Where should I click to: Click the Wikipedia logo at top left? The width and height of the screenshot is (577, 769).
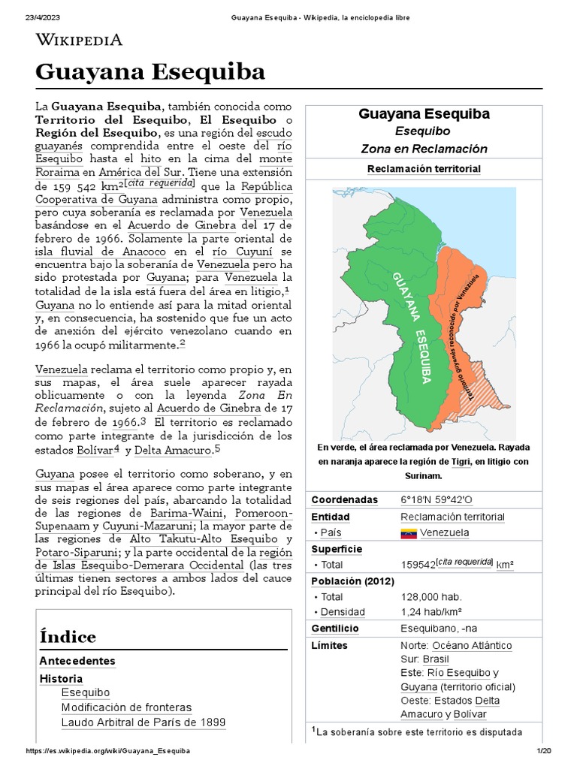78,41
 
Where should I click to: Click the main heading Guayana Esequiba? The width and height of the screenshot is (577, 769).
150,72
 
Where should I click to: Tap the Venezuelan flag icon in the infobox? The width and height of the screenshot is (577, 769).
409,533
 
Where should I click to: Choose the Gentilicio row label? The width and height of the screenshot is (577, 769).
335,629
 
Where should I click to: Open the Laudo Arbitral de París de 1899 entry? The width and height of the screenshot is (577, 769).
143,722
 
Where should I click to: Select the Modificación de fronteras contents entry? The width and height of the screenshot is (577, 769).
126,707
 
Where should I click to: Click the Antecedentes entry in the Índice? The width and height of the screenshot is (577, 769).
77,661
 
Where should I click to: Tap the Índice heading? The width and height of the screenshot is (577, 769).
68,637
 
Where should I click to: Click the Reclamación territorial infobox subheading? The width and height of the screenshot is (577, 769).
424,169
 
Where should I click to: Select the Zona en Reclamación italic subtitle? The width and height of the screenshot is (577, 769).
424,149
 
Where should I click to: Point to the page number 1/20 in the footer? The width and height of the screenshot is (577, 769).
543,751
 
